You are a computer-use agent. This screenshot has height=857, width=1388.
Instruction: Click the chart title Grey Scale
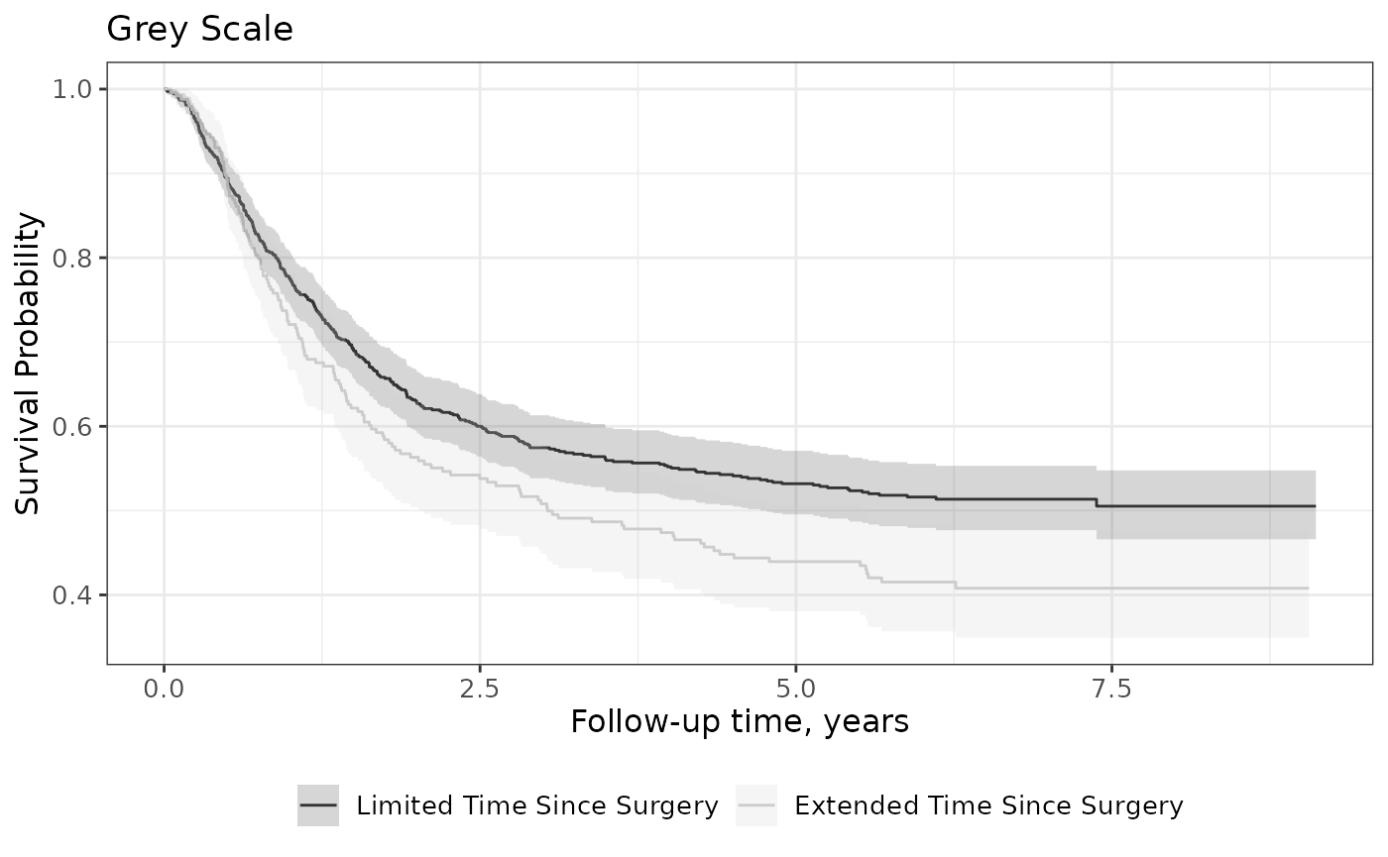(199, 30)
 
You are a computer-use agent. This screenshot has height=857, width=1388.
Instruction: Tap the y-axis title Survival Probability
(28, 364)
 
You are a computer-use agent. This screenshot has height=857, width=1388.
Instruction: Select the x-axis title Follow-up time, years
(740, 722)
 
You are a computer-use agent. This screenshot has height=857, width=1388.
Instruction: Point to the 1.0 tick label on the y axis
(71, 90)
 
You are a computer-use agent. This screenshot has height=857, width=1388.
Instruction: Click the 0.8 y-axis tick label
(71, 259)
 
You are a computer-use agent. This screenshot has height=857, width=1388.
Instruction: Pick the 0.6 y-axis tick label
(71, 427)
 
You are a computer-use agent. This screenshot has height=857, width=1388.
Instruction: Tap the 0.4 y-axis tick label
(71, 595)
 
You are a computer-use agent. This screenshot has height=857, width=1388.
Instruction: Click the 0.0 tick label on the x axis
(164, 689)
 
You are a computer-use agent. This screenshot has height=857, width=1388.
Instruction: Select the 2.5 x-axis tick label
(480, 689)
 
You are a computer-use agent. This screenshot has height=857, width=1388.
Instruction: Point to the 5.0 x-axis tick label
(795, 689)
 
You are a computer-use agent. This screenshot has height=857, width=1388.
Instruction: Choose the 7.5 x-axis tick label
(1111, 689)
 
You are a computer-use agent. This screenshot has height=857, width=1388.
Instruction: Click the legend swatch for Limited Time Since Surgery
(318, 804)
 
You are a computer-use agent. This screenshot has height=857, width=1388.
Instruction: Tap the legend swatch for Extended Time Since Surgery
(755, 804)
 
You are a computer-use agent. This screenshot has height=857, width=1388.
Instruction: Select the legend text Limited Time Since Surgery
(537, 806)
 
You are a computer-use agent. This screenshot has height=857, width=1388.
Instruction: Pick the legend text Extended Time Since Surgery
(989, 806)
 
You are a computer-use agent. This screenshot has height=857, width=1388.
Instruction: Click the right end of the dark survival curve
(1315, 506)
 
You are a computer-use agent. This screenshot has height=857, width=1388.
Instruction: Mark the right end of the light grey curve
(1308, 588)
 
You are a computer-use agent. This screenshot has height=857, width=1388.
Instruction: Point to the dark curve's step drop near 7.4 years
(1097, 503)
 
